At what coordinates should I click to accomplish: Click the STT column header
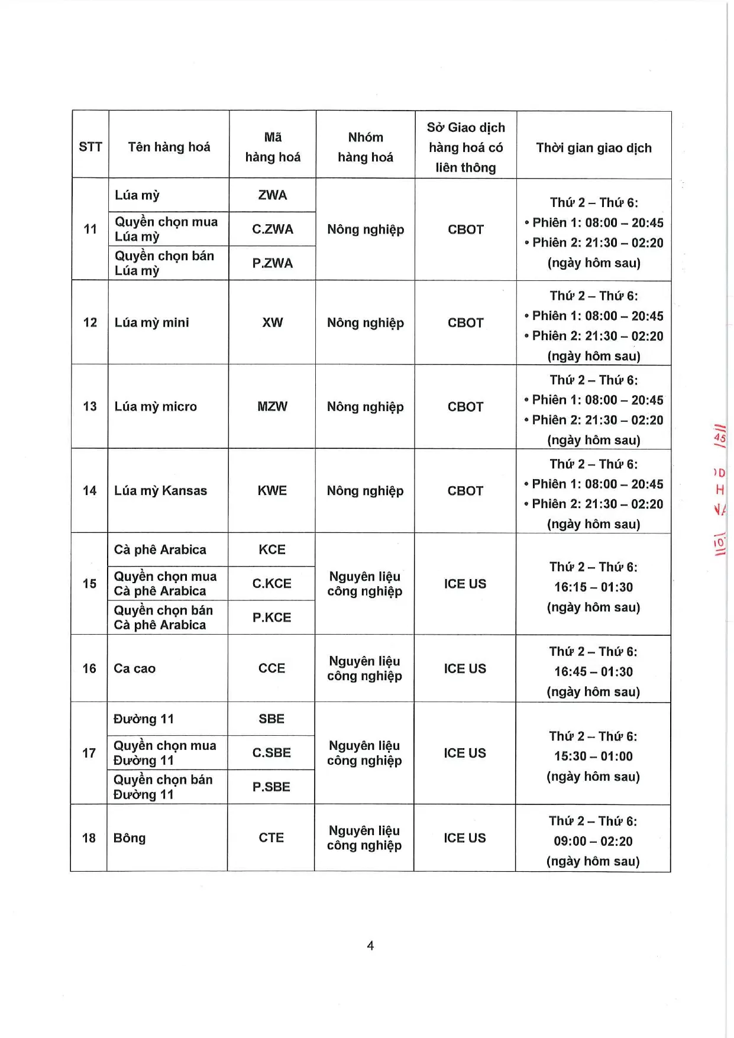(90, 147)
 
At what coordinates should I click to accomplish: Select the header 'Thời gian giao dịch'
(594, 148)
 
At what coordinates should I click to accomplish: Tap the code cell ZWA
(273, 195)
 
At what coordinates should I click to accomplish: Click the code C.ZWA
(273, 229)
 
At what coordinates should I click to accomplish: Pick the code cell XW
(273, 322)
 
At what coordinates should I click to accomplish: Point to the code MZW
(272, 406)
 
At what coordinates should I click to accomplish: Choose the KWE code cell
(272, 490)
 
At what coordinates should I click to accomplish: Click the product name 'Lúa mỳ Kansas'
(160, 490)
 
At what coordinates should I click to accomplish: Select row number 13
(90, 406)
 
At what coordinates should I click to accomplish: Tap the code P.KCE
(271, 617)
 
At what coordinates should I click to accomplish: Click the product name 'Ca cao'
(134, 668)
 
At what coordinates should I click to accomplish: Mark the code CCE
(271, 668)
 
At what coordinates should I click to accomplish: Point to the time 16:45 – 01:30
(593, 672)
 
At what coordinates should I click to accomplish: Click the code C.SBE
(271, 753)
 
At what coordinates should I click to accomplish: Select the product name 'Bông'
(129, 838)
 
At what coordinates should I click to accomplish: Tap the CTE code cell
(271, 838)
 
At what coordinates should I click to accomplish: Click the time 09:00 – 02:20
(593, 841)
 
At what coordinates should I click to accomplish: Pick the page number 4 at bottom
(370, 946)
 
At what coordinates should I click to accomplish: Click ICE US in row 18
(465, 838)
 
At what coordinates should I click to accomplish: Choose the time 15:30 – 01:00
(593, 756)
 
